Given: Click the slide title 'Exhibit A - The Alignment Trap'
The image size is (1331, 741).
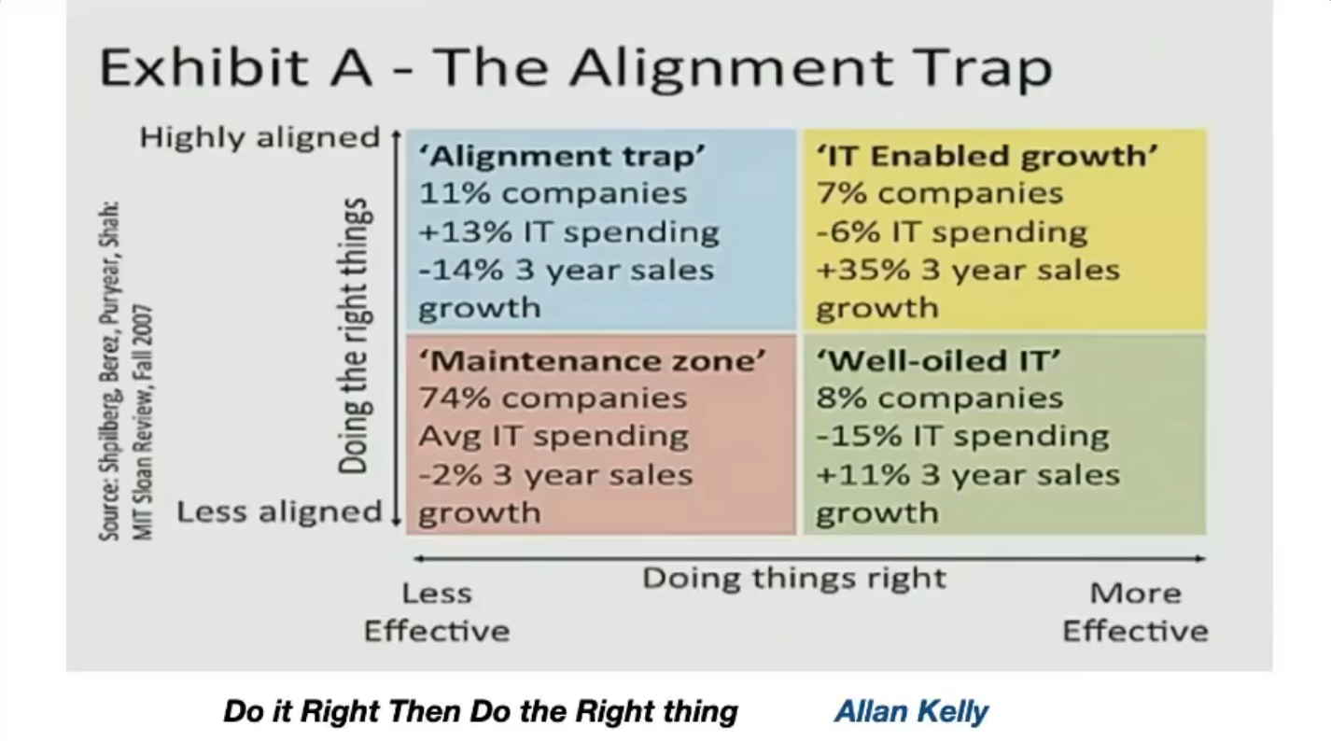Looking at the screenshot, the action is (x=576, y=67).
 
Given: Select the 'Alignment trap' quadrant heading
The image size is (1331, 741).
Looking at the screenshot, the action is (x=562, y=156).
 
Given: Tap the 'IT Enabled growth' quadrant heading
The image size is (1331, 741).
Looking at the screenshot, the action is (x=987, y=156).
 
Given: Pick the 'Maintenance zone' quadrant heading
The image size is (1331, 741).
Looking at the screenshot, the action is (x=592, y=360).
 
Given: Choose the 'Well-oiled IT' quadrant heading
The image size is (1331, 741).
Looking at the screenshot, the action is (x=938, y=360).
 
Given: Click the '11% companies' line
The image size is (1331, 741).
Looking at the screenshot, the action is (x=553, y=194).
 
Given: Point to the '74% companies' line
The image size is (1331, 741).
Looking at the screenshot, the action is (x=553, y=398).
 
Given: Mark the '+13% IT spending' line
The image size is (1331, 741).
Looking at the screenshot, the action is (x=568, y=232).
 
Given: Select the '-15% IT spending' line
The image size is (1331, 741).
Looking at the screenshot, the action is (x=962, y=437).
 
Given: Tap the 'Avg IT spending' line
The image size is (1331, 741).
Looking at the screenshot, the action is (x=553, y=437).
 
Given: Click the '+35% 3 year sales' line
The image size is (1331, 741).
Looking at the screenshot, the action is (x=967, y=271).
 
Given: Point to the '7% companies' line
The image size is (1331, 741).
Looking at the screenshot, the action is (x=939, y=194).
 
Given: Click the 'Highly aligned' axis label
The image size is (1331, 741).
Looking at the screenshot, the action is (x=259, y=138).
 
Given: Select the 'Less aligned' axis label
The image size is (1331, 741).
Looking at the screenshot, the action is (x=279, y=511).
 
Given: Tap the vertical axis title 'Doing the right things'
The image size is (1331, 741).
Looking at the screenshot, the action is (x=356, y=336).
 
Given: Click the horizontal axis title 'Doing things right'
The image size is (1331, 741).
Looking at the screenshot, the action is (x=794, y=579).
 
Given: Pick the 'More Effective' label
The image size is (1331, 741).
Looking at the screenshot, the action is (x=1135, y=612).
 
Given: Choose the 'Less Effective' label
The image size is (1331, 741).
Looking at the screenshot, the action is (x=437, y=612).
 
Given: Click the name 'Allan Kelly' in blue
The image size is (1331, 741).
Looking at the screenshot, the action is (x=912, y=711).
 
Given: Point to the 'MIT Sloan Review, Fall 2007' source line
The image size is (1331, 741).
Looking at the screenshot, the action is (x=143, y=423).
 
